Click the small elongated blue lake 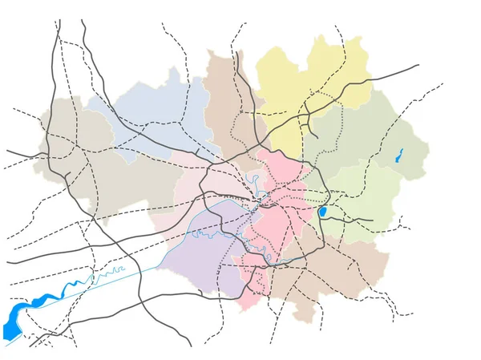point(398,156)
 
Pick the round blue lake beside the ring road point(322,212)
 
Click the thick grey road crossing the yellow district point(353,84)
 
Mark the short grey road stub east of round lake point(353,218)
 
